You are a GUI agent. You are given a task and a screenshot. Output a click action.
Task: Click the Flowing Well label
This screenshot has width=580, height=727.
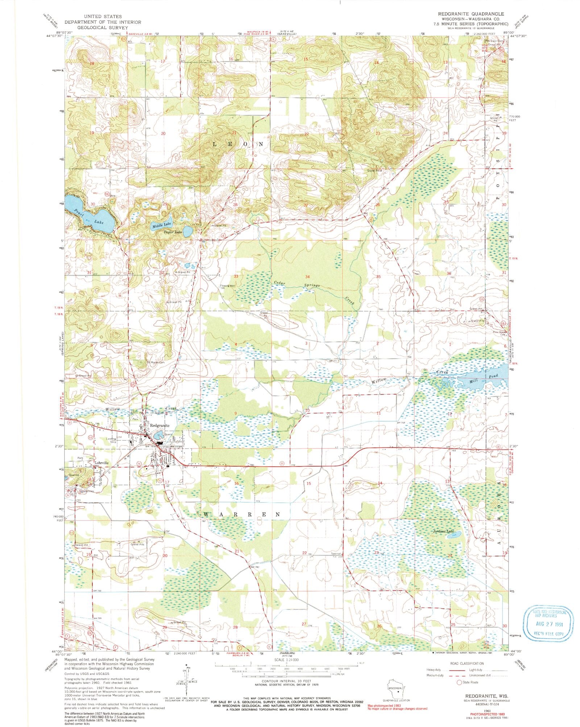click(x=228, y=286)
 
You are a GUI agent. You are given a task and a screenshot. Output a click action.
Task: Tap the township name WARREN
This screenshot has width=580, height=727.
click(x=242, y=515)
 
